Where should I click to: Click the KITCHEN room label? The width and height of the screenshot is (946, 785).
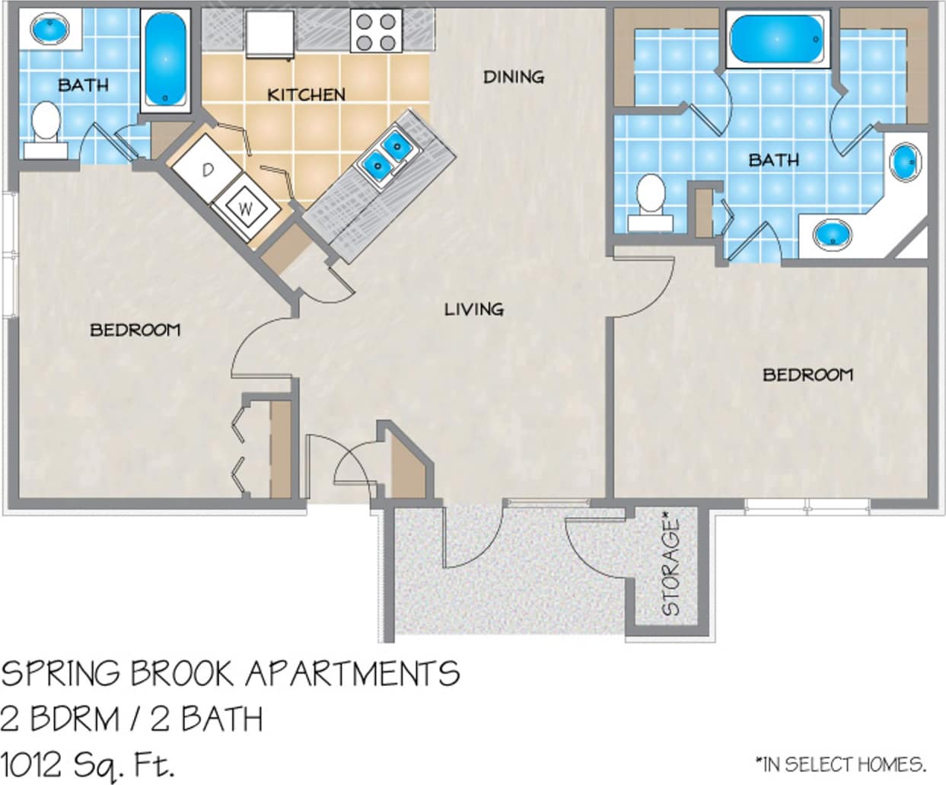(306, 94)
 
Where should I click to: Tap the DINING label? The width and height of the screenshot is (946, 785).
(514, 77)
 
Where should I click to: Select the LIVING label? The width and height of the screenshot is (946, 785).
(474, 309)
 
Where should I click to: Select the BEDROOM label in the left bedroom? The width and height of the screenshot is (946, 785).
(135, 330)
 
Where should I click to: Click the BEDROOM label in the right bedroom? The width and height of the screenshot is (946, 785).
(807, 375)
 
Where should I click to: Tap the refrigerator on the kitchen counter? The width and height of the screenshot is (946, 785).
(269, 34)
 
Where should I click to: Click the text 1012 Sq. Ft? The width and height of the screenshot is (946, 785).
(87, 763)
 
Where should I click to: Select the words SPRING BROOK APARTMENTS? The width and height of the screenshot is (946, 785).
(230, 674)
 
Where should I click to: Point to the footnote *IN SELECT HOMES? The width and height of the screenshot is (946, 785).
(840, 764)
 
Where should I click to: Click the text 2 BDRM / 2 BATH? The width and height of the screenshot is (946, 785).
(132, 719)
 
